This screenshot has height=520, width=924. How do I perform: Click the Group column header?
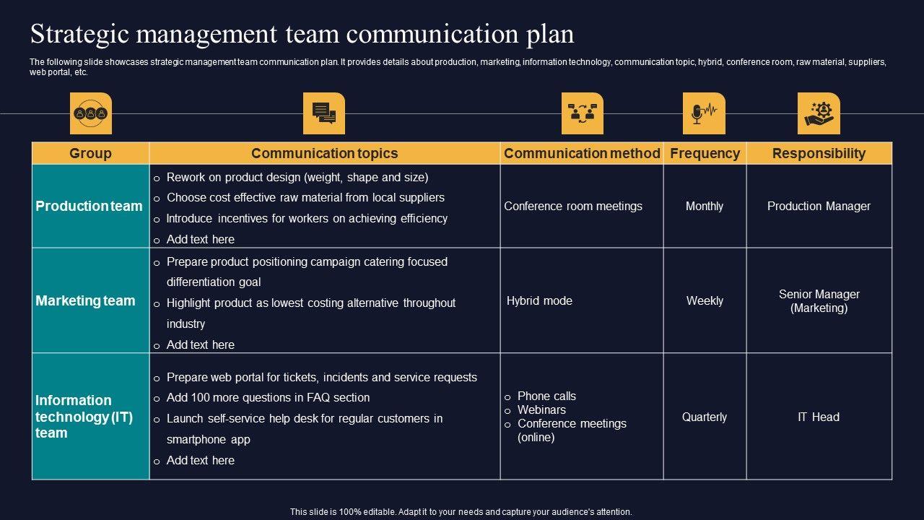[x=90, y=153]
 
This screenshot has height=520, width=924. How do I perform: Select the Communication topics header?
[x=324, y=153]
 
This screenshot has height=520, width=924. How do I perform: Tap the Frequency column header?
[x=705, y=153]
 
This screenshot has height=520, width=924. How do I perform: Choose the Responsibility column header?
[x=819, y=153]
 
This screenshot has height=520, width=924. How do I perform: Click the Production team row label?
[x=89, y=206]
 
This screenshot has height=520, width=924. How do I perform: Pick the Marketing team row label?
[x=85, y=300]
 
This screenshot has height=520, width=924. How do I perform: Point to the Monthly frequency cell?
[x=705, y=206]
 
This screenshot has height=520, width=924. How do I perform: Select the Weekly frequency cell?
[x=705, y=300]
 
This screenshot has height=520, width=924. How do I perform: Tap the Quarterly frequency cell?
[x=705, y=417]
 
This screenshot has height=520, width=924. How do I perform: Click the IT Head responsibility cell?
[x=819, y=417]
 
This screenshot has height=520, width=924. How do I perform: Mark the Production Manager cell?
[x=819, y=206]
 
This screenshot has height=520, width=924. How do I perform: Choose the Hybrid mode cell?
[x=539, y=300]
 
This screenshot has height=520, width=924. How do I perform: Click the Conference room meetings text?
[x=573, y=206]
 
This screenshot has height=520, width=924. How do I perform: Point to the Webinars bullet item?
[x=541, y=409]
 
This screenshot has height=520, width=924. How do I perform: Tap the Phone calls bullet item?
[x=546, y=396]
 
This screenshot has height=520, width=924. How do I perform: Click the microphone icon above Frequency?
[x=704, y=113]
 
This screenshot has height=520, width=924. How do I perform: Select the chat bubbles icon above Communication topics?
[x=324, y=113]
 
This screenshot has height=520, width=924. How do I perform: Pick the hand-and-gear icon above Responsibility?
[x=819, y=113]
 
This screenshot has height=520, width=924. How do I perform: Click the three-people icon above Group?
[x=91, y=113]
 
